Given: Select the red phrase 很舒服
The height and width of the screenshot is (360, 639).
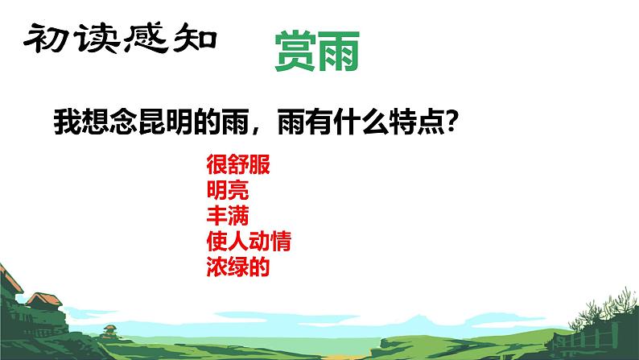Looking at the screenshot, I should pos(237,168).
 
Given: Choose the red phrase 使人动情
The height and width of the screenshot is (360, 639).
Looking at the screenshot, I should pos(248,241).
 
